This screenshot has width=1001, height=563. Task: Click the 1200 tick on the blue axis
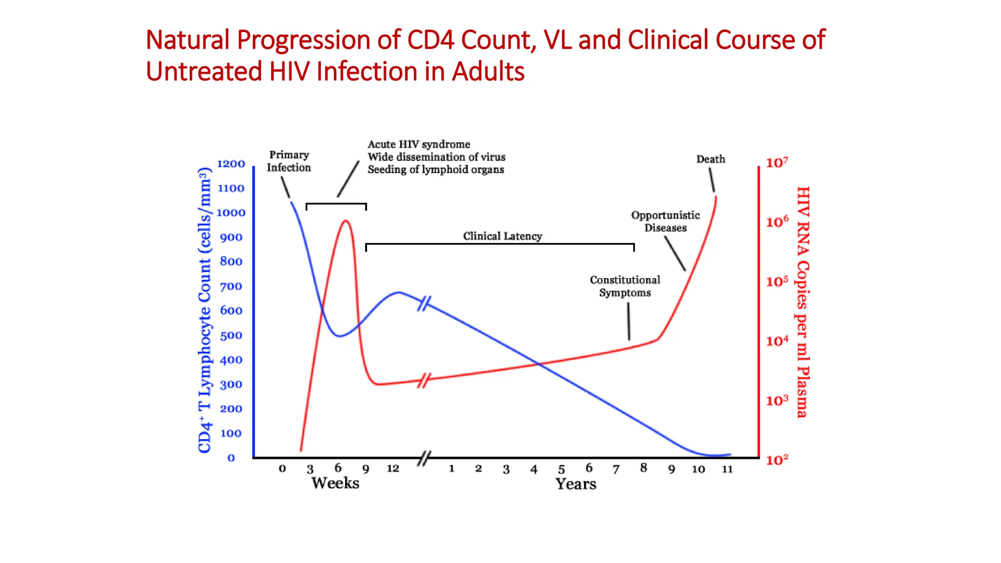[231, 164]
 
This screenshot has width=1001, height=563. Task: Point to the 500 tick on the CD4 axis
[231, 336]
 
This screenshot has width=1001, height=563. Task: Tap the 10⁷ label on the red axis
[777, 163]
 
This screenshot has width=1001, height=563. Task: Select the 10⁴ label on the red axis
[777, 341]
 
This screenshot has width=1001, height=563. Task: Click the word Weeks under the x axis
[335, 483]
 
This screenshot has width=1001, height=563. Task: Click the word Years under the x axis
[576, 484]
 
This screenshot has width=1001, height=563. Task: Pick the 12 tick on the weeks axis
[393, 469]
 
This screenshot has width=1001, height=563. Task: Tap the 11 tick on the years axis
[727, 469]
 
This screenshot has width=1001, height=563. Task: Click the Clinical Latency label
[502, 237]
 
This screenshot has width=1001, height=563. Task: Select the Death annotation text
[711, 159]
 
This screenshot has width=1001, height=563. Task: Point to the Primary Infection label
[289, 161]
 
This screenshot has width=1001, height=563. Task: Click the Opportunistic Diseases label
[665, 221]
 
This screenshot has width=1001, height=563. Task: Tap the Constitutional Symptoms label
[625, 286]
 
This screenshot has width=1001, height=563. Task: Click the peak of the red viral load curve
[346, 221]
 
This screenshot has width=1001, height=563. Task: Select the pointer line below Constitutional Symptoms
[629, 321]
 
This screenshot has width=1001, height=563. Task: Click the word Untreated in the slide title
[204, 71]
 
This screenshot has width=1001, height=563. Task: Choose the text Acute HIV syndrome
[419, 145]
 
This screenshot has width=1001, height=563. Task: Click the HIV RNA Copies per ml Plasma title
[803, 302]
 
